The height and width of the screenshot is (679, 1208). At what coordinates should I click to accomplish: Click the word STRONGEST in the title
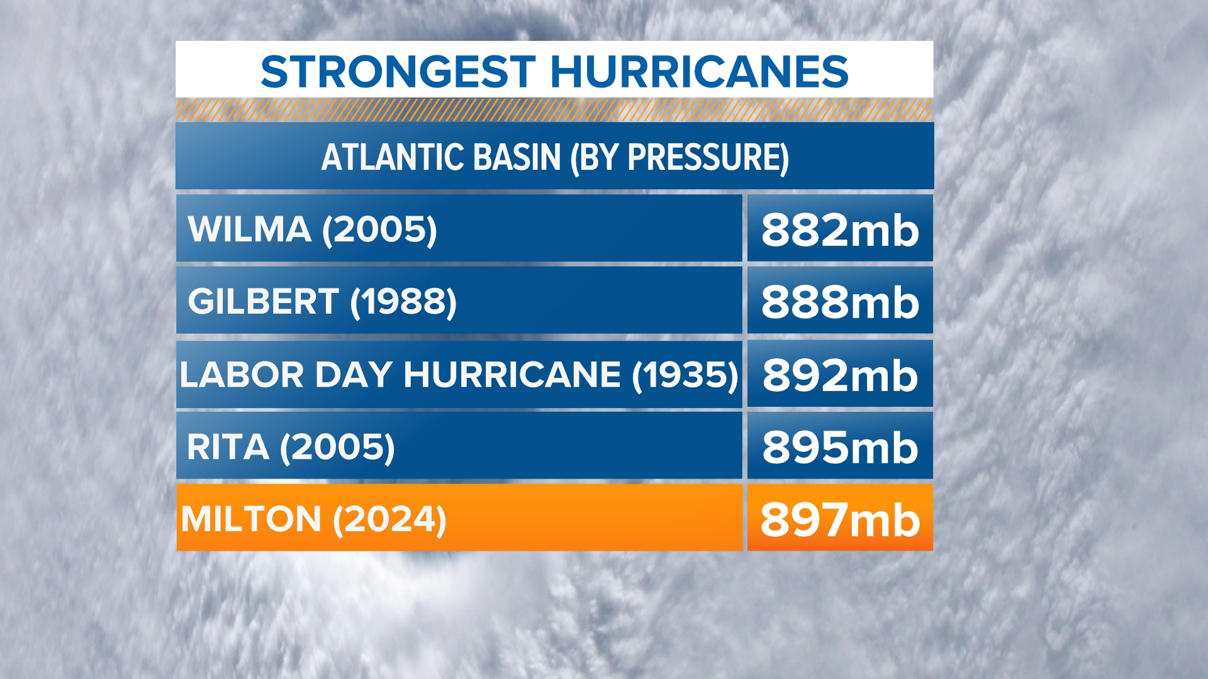point(398,71)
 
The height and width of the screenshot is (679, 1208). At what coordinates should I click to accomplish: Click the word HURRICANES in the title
point(699,71)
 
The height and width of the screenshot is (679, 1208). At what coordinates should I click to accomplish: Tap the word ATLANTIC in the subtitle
point(393,157)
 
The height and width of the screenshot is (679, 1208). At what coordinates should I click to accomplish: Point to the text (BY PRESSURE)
point(679,157)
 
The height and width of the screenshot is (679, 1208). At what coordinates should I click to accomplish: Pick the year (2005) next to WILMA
point(379,229)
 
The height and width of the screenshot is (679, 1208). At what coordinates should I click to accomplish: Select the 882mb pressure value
point(840,230)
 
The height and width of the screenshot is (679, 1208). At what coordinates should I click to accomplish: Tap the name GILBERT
point(263,301)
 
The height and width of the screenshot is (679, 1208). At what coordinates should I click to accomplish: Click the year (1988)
point(403,302)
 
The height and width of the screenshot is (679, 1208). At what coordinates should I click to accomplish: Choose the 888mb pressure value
point(840,302)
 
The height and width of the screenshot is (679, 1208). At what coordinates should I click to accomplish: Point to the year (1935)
point(685,375)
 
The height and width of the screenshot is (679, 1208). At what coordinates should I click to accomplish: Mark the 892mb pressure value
point(840,375)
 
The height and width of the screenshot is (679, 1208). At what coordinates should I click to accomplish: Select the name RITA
point(228,447)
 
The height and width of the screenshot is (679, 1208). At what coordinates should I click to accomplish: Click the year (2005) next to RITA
point(337,448)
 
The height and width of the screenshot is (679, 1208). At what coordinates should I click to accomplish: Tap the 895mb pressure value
point(840,448)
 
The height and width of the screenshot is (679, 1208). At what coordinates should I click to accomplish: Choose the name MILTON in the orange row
point(251,519)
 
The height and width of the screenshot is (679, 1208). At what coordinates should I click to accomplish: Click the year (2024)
point(389,520)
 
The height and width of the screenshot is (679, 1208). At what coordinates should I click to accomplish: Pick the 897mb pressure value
point(840,520)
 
